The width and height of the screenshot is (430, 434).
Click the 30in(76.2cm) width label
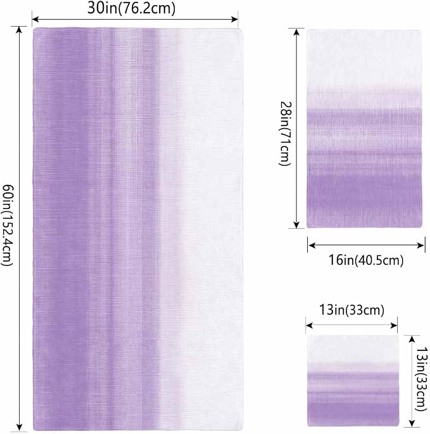coord(132,8)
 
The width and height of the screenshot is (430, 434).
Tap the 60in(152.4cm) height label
coord(7,226)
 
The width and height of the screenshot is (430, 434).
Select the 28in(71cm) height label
coord(285,134)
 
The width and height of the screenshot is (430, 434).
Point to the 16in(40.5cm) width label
coord(366,260)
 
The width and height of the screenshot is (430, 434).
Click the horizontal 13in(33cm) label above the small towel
coord(351,310)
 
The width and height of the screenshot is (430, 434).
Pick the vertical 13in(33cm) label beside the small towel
coord(422,380)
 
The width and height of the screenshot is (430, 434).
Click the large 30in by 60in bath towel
coord(138,229)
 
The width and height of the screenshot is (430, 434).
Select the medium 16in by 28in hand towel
coord(364,129)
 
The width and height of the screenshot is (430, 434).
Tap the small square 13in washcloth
coord(353,381)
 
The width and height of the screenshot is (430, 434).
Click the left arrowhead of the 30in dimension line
coord(35,19)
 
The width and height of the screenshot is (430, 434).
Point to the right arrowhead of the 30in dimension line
coord(235,19)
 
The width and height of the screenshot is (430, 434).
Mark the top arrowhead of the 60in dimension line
coord(19,30)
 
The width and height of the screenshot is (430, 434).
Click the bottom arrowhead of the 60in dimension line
coord(19,428)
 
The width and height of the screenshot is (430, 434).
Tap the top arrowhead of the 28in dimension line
coord(296,32)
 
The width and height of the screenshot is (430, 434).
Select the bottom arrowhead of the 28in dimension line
coord(296,225)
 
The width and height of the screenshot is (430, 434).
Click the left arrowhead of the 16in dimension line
coord(312,245)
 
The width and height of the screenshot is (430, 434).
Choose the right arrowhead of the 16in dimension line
coord(421,245)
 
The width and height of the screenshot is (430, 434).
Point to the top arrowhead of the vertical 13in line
coord(412,339)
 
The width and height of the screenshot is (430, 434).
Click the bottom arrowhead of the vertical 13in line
coord(412,423)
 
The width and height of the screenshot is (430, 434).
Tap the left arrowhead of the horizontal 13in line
coord(309,326)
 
